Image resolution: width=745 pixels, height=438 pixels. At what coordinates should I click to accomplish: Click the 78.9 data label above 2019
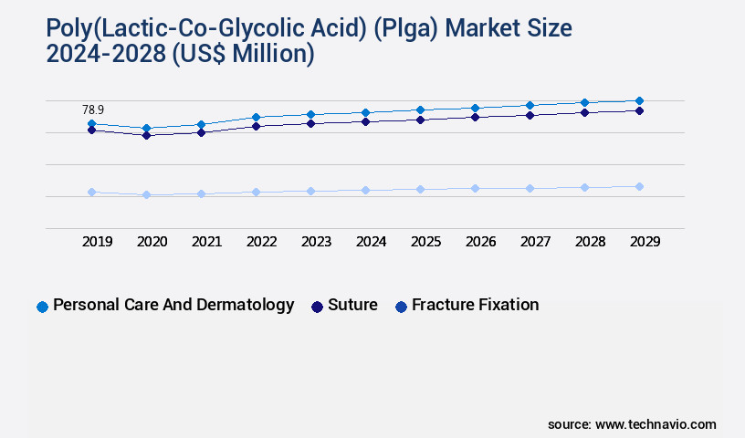click(92, 109)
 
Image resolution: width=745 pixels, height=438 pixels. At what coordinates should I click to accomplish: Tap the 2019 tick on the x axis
click(98, 242)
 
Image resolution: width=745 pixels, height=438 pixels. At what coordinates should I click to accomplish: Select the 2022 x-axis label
click(262, 242)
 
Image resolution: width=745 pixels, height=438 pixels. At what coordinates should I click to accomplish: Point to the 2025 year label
click(426, 242)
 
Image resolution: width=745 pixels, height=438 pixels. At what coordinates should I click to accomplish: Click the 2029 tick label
click(645, 242)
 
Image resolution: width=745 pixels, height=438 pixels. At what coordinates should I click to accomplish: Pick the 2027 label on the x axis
click(536, 242)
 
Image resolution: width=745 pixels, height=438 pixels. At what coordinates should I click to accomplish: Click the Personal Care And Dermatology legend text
click(173, 305)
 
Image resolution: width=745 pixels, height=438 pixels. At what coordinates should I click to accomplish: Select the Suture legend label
click(352, 305)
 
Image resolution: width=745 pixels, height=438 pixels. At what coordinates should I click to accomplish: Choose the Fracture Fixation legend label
click(475, 305)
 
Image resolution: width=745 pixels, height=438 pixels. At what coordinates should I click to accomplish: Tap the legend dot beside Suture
click(317, 307)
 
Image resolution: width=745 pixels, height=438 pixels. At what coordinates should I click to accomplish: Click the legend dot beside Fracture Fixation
click(401, 307)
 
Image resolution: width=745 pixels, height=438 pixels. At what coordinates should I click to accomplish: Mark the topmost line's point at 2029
click(639, 100)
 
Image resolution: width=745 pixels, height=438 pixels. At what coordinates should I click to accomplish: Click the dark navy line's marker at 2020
click(146, 135)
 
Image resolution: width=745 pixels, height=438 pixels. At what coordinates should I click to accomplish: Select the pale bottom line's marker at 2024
click(365, 190)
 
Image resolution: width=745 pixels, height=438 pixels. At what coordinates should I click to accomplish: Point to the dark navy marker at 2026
click(475, 117)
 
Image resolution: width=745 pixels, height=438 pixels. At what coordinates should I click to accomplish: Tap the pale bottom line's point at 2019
click(91, 192)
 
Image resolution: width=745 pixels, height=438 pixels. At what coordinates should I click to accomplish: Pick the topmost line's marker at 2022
click(256, 117)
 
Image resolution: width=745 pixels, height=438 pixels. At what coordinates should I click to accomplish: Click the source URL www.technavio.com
click(656, 424)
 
